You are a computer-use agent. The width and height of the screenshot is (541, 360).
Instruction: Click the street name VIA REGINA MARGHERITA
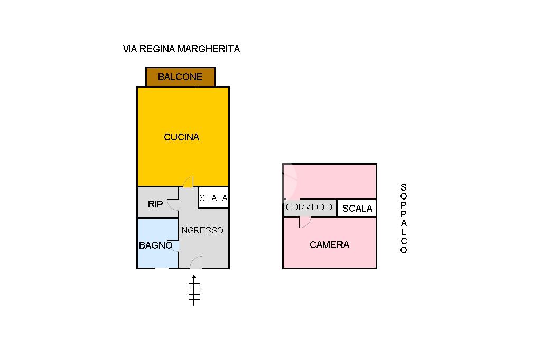click(181, 49)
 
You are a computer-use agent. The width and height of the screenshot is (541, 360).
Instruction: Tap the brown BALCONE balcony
click(181, 77)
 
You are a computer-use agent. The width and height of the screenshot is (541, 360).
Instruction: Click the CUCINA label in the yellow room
click(182, 137)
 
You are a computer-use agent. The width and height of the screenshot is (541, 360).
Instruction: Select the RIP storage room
click(157, 202)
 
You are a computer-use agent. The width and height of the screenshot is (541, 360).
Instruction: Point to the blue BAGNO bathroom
click(157, 243)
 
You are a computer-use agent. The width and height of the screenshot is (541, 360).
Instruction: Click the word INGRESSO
click(201, 230)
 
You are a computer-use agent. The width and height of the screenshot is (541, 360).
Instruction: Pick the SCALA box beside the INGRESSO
click(213, 197)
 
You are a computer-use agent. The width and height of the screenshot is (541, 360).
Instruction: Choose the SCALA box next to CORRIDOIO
click(357, 209)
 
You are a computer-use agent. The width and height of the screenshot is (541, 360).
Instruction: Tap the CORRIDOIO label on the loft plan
click(309, 207)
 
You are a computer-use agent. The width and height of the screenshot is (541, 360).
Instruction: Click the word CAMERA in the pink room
click(330, 245)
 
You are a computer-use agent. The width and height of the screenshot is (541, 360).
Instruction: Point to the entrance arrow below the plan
click(194, 290)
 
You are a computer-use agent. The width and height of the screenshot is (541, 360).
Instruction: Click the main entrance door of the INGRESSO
click(196, 263)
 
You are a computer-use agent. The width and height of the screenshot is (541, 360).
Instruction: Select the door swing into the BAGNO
click(174, 245)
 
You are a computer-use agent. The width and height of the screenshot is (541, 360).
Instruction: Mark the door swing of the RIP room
click(172, 205)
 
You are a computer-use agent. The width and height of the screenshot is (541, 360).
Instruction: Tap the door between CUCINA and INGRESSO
click(189, 182)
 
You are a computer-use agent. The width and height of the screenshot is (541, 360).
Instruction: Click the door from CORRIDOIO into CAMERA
click(304, 222)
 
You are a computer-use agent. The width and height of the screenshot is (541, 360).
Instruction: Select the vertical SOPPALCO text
click(403, 219)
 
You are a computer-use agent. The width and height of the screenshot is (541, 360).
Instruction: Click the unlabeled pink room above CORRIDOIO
click(330, 182)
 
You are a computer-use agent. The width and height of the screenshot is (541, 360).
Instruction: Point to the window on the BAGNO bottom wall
click(162, 268)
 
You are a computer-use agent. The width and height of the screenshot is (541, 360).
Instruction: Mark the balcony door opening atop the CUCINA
click(181, 87)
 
